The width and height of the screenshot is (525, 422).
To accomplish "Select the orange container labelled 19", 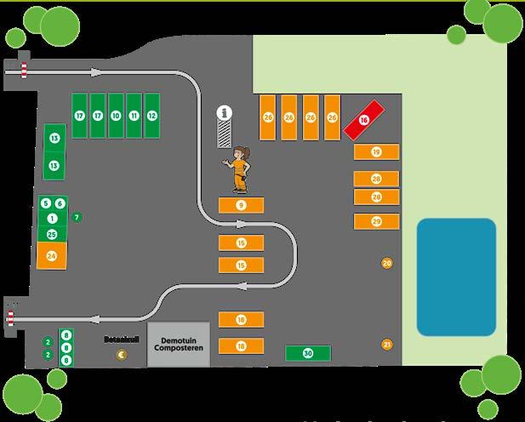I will click(376, 151).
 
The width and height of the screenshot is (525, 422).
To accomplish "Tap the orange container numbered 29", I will click(376, 221).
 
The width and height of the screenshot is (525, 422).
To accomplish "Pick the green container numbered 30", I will click(307, 353).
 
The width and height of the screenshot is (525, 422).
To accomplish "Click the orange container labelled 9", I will click(241, 205).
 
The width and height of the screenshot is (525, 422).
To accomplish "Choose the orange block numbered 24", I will click(51, 255).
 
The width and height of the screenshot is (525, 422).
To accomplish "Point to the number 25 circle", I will click(51, 234).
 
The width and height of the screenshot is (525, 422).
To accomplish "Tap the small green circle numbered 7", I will click(77, 218).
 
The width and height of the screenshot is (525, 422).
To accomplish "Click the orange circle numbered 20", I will click(386, 263).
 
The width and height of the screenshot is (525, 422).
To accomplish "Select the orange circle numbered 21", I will click(386, 345).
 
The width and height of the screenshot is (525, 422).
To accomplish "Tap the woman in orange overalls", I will click(240, 168).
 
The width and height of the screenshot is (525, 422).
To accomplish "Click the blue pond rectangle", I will click(456, 277).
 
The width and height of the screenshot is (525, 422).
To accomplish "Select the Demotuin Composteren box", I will click(178, 345).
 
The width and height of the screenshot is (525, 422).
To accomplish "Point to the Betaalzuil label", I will click(120, 339).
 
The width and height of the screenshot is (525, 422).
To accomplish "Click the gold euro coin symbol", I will click(121, 355).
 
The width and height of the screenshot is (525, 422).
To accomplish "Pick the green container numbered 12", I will click(152, 115).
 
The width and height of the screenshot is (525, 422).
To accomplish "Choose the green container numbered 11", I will click(134, 115).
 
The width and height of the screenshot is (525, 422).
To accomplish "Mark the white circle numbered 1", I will click(52, 219).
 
